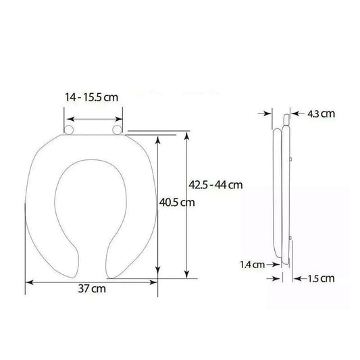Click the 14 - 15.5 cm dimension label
91,97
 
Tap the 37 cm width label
92,288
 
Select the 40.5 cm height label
177,202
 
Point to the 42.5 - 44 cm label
215,185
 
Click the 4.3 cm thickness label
321,114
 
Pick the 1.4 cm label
253,265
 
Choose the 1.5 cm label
321,279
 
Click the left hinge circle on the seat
69,130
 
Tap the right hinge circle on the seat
118,130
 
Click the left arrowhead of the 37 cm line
29,282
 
